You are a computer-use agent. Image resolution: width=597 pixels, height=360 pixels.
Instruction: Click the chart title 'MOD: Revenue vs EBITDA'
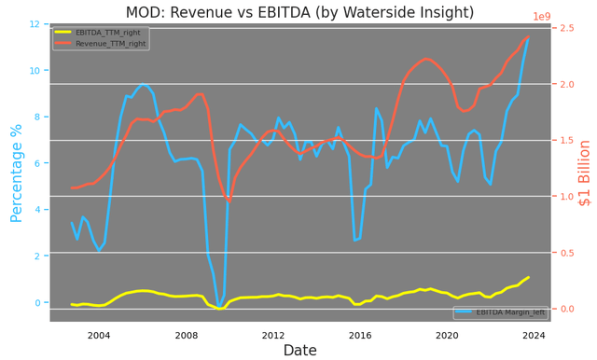[298, 12]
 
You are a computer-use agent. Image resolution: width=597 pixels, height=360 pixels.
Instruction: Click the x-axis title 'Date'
[299, 351]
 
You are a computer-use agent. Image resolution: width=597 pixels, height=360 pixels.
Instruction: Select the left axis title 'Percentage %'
[17, 173]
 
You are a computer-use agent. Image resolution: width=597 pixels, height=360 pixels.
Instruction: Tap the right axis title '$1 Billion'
[585, 173]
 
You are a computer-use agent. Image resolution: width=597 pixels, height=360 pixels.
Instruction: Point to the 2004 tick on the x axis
[99, 335]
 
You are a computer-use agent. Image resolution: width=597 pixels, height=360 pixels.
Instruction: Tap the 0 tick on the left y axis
[39, 303]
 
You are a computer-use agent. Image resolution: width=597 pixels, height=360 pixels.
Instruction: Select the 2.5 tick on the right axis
[562, 29]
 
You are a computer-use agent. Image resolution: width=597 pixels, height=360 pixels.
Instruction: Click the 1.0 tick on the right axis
[562, 197]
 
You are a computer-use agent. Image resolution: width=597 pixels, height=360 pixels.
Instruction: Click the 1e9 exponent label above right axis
[542, 17]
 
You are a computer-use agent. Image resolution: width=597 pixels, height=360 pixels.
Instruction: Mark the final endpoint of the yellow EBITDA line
[529, 277]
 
